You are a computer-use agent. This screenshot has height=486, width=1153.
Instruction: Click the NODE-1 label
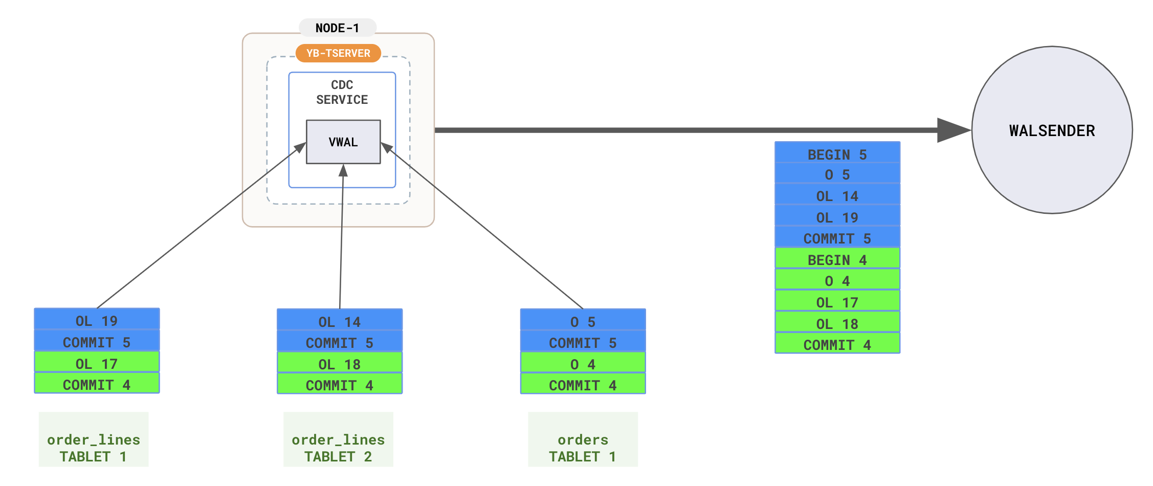(x=338, y=28)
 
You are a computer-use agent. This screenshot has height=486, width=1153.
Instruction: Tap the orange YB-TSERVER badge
(x=338, y=53)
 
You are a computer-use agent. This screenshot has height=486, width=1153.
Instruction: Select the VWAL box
(x=343, y=142)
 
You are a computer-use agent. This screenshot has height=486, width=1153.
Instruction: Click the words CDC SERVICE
(x=342, y=92)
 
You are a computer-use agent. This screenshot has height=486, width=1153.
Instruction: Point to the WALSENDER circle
(x=1052, y=130)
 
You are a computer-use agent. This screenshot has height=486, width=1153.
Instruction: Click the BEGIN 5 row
(x=837, y=154)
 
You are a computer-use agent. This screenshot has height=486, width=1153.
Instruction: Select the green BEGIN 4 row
(x=837, y=259)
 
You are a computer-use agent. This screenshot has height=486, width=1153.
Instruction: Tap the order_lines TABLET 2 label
(x=338, y=448)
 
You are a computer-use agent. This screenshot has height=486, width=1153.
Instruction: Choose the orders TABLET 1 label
(x=583, y=448)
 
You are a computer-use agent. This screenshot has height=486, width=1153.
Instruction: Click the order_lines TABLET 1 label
(x=94, y=448)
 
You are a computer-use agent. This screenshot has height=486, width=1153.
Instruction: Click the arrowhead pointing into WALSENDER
(x=952, y=130)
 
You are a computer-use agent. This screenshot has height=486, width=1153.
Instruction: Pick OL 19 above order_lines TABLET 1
(x=97, y=321)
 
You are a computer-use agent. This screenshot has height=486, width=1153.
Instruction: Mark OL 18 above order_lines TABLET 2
(x=340, y=364)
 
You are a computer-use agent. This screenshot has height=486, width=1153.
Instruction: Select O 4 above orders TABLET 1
(x=583, y=364)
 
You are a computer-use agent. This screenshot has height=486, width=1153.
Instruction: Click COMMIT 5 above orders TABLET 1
(x=583, y=343)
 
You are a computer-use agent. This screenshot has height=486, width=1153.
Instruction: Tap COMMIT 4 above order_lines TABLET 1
(x=97, y=385)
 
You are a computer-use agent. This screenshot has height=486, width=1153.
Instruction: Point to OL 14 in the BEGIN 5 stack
(x=837, y=196)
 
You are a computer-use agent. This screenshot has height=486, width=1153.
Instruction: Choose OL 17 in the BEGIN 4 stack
(x=837, y=302)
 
